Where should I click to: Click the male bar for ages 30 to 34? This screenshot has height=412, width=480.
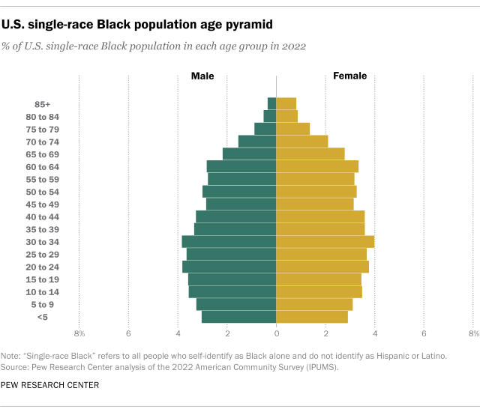[x=229, y=241]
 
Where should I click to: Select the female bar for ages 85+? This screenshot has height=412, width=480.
[x=286, y=103]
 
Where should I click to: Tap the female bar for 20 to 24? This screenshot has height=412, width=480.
[x=322, y=267]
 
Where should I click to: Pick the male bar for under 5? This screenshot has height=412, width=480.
[x=239, y=317]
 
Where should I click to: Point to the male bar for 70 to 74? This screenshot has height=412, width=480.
[x=257, y=141]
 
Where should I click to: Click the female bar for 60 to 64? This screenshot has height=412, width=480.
[x=317, y=166]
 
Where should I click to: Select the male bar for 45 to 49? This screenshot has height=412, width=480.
[x=241, y=204]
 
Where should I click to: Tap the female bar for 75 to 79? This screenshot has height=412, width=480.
[x=293, y=129]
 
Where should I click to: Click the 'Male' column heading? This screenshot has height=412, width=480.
[x=203, y=76]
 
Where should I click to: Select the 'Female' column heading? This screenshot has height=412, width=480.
[x=349, y=76]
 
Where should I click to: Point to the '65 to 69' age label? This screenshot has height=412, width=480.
[x=42, y=154]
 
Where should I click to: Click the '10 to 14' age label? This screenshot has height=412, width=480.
[x=42, y=292]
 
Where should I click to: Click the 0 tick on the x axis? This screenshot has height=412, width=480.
[x=277, y=333]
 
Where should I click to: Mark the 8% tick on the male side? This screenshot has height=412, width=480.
[x=79, y=333]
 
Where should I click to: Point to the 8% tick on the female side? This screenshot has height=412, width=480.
[x=472, y=333]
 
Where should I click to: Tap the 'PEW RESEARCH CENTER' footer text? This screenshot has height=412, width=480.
[x=51, y=385]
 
